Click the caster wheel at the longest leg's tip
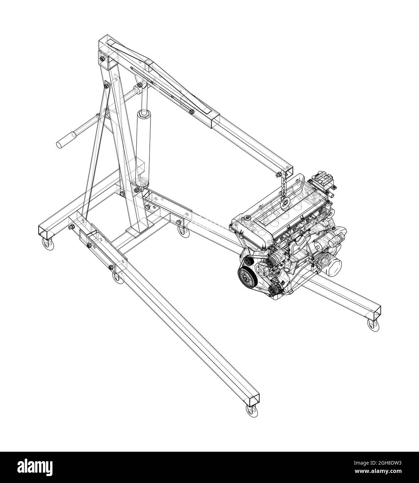coord(252,411)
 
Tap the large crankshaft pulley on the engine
coord(247,276)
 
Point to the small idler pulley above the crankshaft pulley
coord(248,262)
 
